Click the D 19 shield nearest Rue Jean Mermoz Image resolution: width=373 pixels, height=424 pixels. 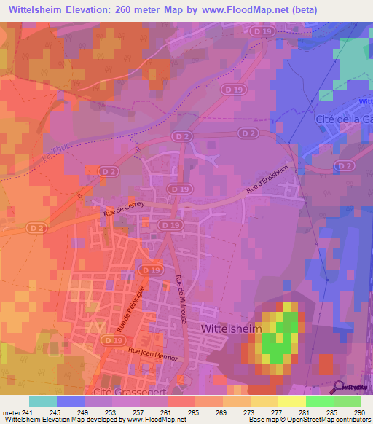(x=111, y=340)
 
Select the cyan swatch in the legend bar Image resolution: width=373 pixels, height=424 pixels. (x=43, y=401)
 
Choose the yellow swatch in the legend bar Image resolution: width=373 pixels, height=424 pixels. (x=292, y=401)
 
